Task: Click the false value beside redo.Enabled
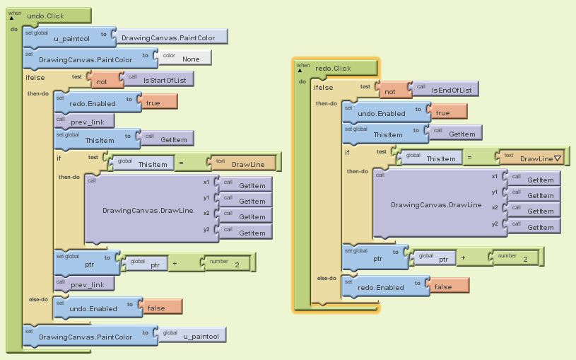tap(442, 287)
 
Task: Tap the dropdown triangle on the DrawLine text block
tap(558, 159)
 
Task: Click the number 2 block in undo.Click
tap(236, 265)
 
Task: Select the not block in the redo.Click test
tap(389, 91)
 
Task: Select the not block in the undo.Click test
tap(101, 81)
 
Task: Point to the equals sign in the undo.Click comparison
tap(181, 164)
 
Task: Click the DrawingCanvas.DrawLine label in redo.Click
tap(436, 205)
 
